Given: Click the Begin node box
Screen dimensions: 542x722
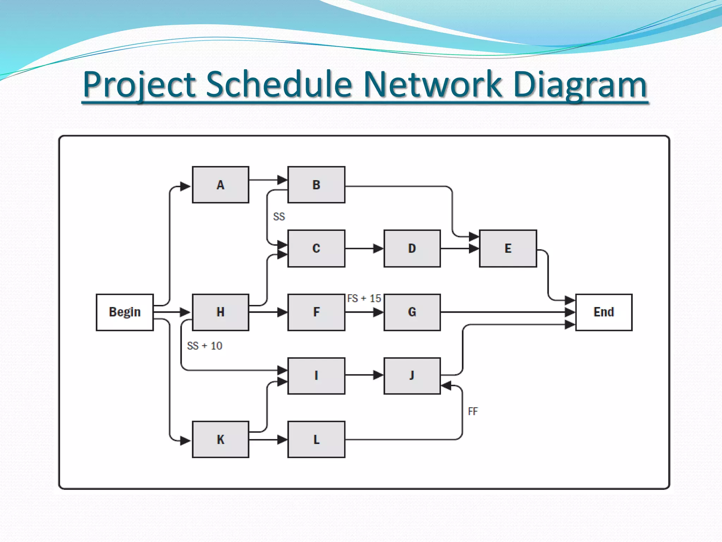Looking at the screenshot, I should (124, 312).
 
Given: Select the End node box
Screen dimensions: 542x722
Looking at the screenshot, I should (604, 312).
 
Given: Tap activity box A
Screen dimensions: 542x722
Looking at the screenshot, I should (220, 185).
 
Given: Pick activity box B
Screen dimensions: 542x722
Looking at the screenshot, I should (316, 185).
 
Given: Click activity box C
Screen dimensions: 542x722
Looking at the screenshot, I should (316, 248).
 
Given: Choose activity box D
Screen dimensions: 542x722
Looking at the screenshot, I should (412, 248).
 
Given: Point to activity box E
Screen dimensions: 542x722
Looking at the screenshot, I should (508, 248).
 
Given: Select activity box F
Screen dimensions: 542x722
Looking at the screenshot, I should (316, 312).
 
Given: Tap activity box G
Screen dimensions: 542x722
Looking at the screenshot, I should (412, 312).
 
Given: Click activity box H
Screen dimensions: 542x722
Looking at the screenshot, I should (220, 312).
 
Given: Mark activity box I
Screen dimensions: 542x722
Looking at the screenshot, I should (316, 376).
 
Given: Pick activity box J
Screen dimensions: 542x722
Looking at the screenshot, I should (412, 376).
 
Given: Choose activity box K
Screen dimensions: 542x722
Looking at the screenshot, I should (220, 439).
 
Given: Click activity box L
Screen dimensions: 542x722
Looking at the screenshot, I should (316, 439).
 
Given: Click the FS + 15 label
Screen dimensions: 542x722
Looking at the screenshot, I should (364, 299).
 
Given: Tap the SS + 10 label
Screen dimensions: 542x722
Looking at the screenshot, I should (204, 346).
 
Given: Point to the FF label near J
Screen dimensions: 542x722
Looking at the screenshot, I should (473, 411).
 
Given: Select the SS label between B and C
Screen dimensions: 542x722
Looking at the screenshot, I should (279, 217).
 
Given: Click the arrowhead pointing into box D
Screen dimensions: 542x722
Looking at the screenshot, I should (379, 248).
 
